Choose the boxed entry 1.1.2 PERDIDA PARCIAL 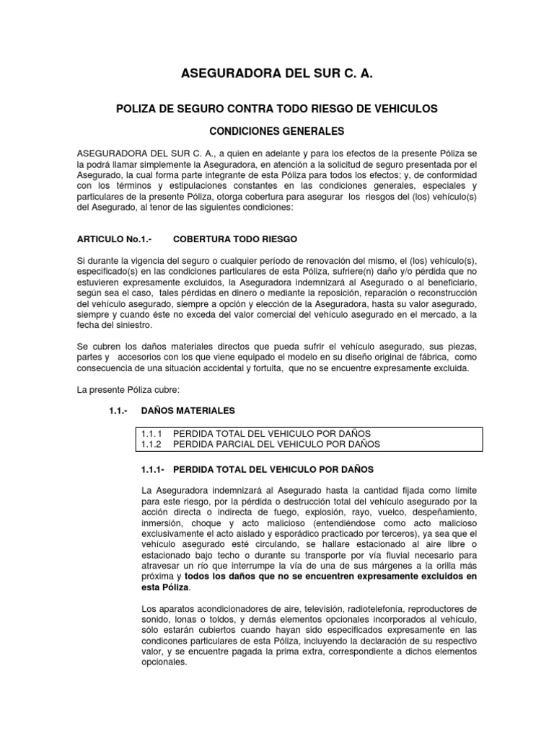click(x=260, y=445)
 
